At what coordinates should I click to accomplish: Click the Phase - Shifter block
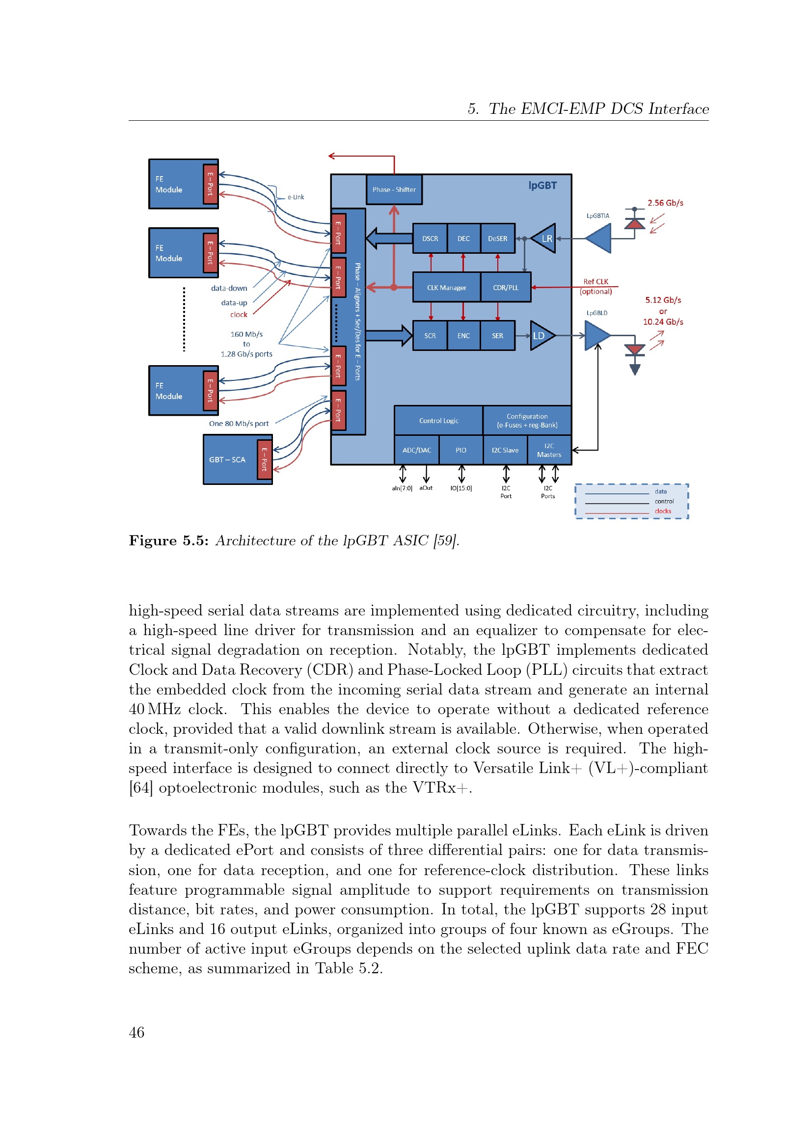(x=394, y=189)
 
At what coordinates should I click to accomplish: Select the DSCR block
(x=430, y=239)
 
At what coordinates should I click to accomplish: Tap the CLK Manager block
(x=446, y=288)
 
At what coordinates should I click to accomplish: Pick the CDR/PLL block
(x=506, y=288)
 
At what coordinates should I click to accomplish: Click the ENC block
(x=463, y=336)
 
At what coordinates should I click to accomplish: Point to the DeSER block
(x=497, y=239)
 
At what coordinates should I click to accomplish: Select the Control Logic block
(x=438, y=421)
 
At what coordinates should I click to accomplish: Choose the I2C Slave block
(x=505, y=450)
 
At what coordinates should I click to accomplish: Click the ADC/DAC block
(x=416, y=450)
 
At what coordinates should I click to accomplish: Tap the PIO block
(x=461, y=450)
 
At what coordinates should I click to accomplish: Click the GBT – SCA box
(x=238, y=459)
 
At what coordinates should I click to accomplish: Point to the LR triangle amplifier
(x=543, y=239)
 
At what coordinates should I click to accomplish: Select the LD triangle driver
(x=542, y=336)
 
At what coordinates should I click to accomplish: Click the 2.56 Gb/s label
(x=665, y=203)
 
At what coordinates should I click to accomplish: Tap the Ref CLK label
(x=595, y=282)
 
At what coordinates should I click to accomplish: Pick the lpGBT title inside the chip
(x=542, y=186)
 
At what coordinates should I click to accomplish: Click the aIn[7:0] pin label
(x=402, y=488)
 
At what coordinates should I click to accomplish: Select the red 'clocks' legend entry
(x=663, y=511)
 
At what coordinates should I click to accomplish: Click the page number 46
(x=136, y=1032)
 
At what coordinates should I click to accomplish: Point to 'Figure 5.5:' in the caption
(x=168, y=541)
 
